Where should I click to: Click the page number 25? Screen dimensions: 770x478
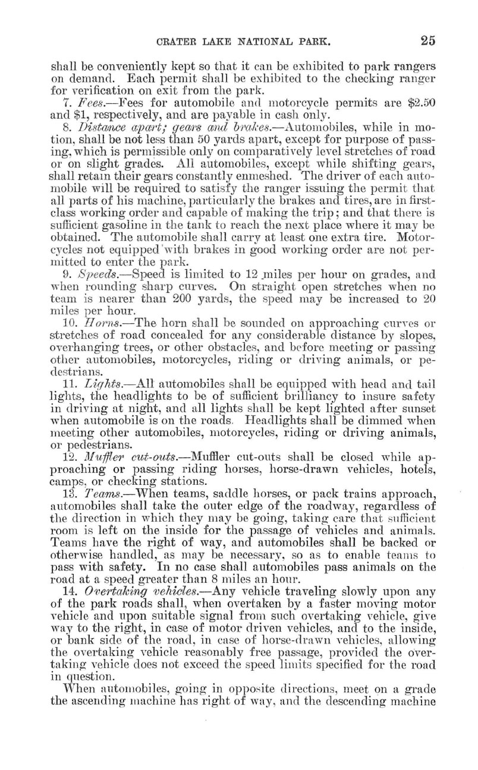point(427,40)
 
